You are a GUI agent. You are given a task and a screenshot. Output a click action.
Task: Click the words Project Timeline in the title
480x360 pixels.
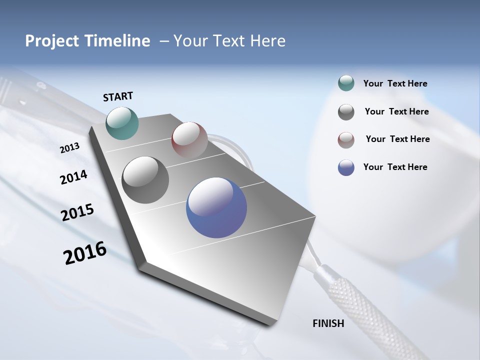click(x=87, y=41)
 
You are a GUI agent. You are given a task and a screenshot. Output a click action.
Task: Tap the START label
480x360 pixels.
click(x=118, y=96)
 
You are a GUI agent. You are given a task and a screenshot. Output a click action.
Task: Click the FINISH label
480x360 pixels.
click(x=328, y=323)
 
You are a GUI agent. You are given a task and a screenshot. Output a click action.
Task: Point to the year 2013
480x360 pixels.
click(x=69, y=148)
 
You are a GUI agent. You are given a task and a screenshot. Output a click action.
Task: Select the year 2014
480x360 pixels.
click(x=73, y=177)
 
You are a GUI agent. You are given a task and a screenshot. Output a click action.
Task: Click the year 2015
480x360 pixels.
click(x=77, y=212)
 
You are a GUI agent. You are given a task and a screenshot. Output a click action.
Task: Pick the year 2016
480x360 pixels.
click(x=85, y=252)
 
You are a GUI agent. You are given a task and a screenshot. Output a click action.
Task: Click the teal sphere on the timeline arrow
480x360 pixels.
click(x=122, y=123)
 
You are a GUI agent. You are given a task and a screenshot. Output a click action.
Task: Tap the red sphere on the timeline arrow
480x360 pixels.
click(x=189, y=140)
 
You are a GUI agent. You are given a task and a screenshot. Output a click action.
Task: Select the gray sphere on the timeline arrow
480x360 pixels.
click(x=145, y=180)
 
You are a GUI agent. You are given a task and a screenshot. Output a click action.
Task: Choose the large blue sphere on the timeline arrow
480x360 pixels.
click(x=216, y=207)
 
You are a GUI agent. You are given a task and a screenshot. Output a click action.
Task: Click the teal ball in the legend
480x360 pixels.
click(x=346, y=83)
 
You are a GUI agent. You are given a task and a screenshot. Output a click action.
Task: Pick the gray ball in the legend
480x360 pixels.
click(x=346, y=112)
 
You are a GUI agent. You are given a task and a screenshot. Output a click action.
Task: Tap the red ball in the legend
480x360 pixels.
click(x=346, y=140)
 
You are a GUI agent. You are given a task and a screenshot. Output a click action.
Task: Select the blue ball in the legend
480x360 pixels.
click(x=346, y=167)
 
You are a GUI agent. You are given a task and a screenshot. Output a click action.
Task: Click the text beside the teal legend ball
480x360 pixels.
click(x=395, y=84)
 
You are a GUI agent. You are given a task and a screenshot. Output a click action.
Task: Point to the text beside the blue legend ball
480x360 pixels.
click(x=395, y=167)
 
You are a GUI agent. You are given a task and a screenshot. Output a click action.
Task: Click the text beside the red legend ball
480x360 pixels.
click(x=397, y=139)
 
